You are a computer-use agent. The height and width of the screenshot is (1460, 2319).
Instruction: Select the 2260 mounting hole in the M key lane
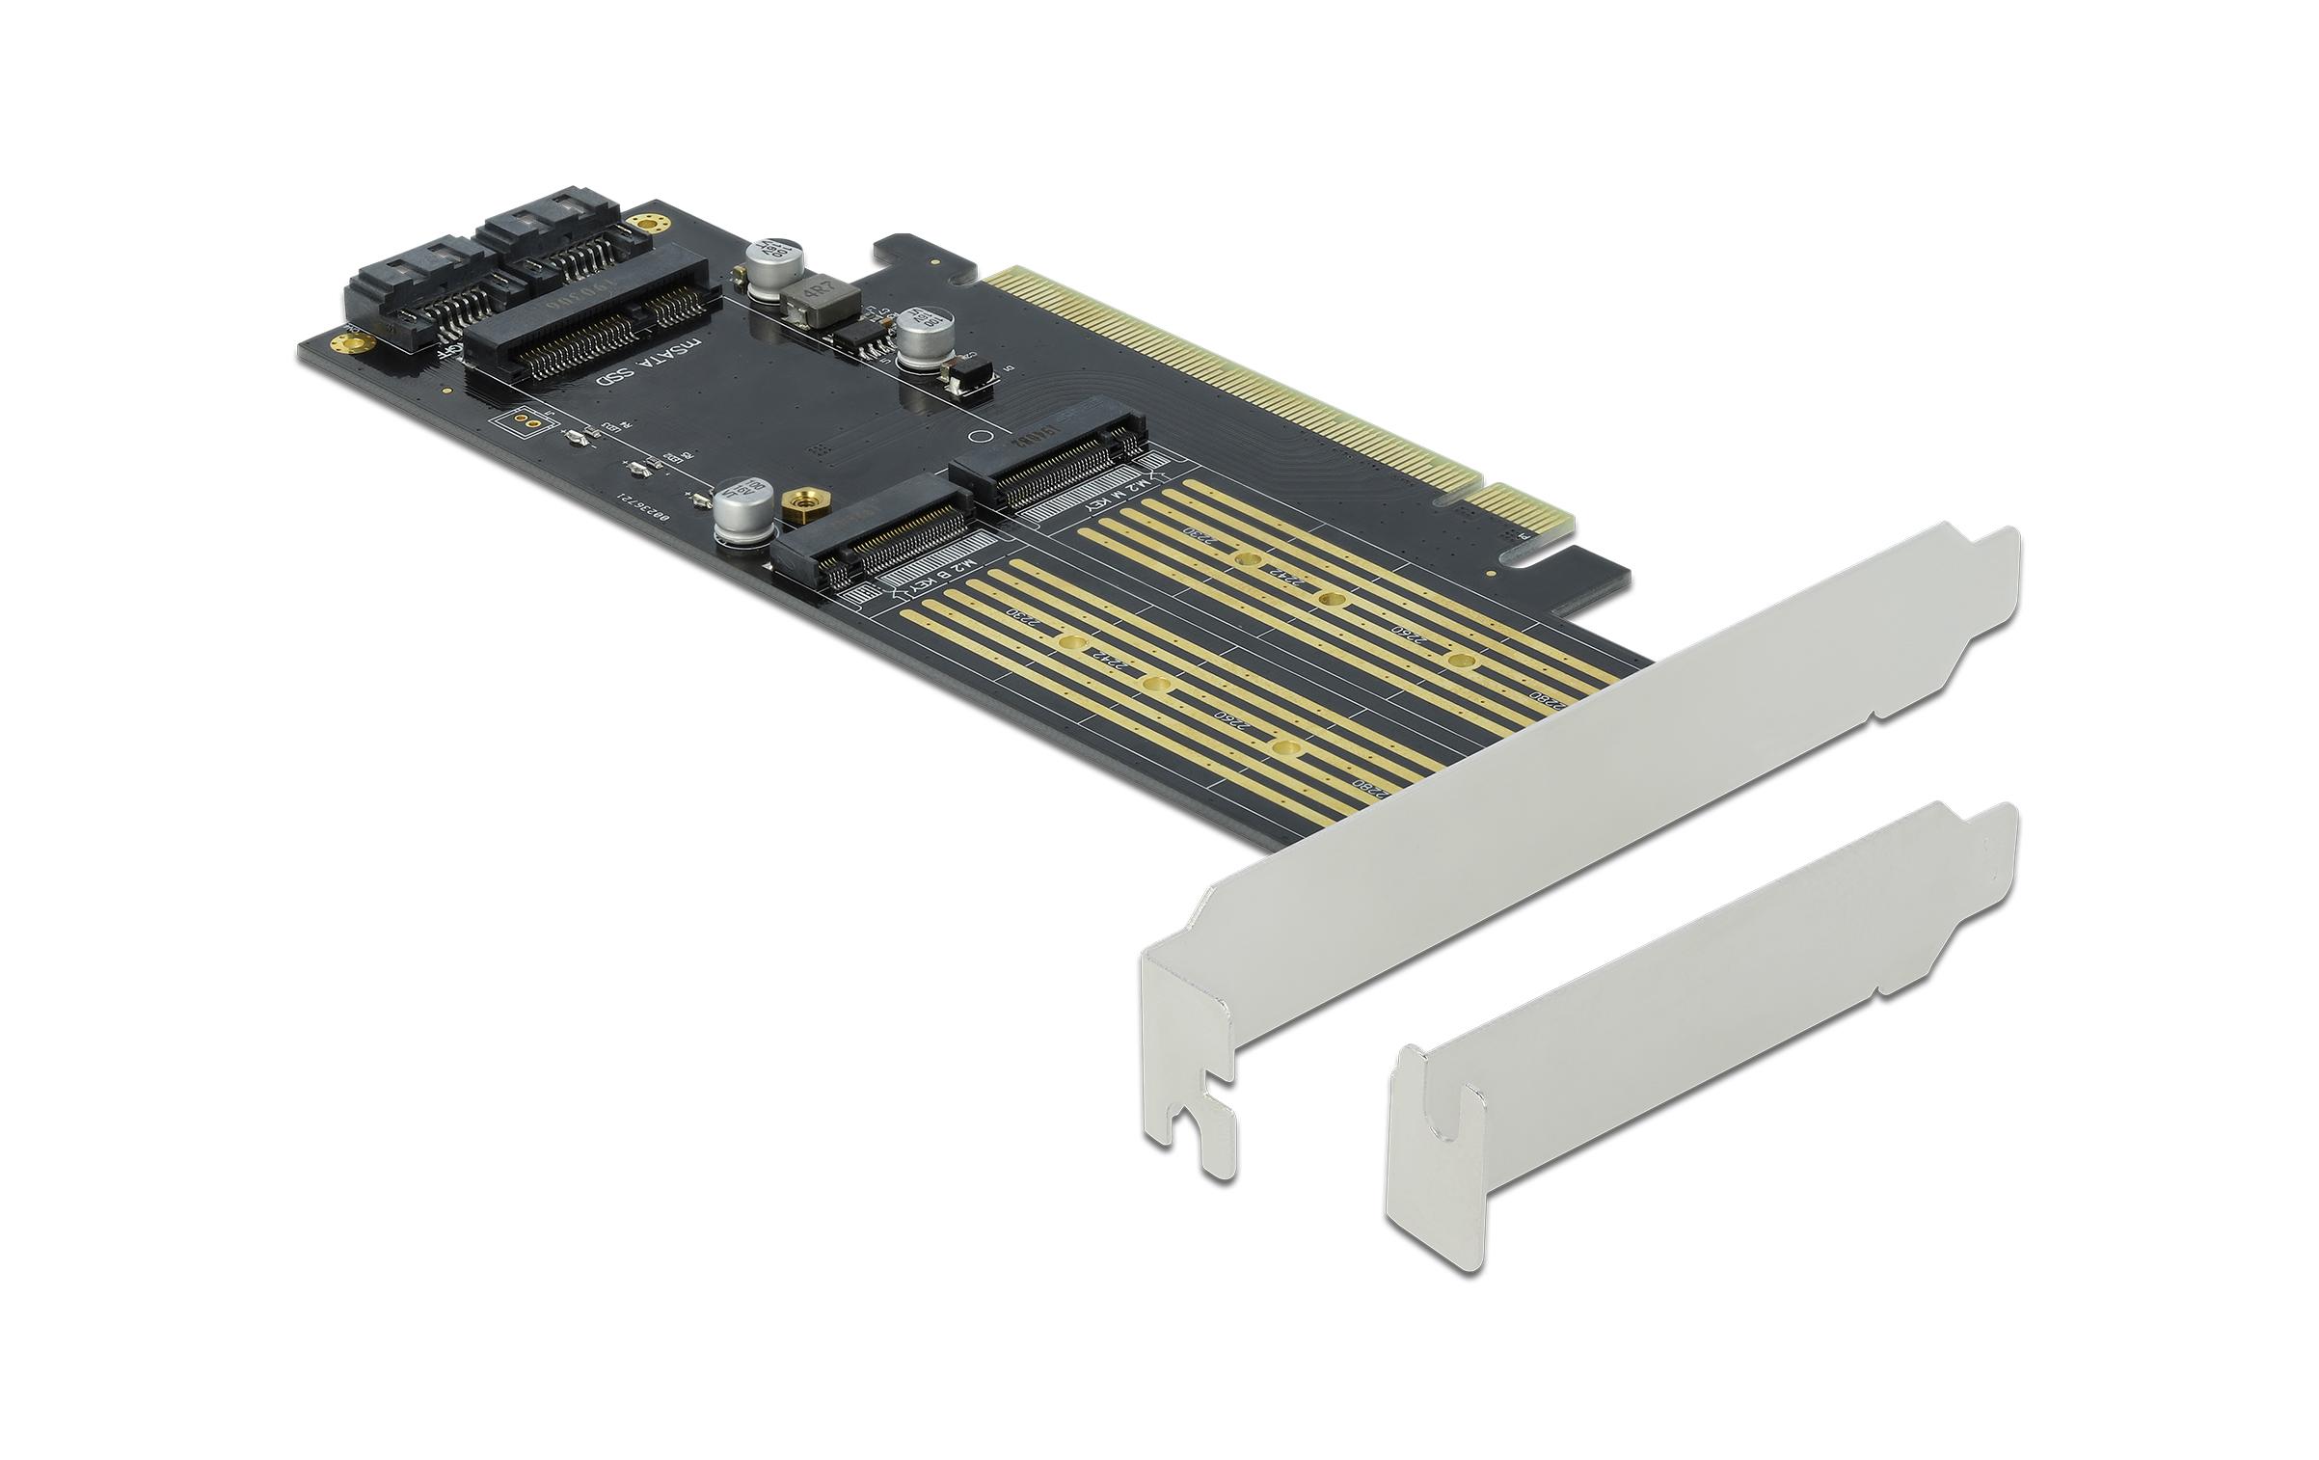pos(1461,661)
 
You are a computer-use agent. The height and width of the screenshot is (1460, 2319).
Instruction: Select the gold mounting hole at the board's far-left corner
pos(340,342)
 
